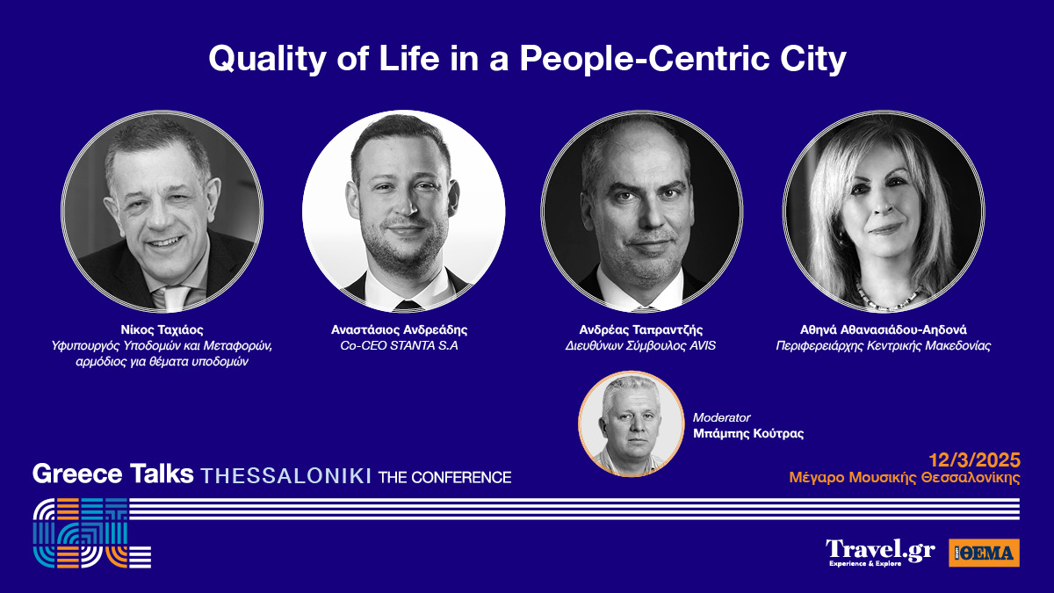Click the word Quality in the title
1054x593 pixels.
pyautogui.click(x=267, y=60)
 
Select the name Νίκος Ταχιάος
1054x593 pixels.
pyautogui.click(x=162, y=330)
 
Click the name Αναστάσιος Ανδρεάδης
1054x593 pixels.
pyautogui.click(x=399, y=330)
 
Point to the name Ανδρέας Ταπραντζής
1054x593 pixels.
pyautogui.click(x=641, y=330)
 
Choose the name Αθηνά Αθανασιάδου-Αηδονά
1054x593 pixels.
pyautogui.click(x=884, y=330)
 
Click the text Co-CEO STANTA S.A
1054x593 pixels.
pyautogui.click(x=399, y=346)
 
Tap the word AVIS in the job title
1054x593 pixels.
pyautogui.click(x=703, y=346)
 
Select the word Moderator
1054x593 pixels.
pyautogui.click(x=721, y=417)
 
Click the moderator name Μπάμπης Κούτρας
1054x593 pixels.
pyautogui.click(x=748, y=433)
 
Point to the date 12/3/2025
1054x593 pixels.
pyautogui.click(x=974, y=459)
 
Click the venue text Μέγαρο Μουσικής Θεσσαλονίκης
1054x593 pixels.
pyautogui.click(x=905, y=478)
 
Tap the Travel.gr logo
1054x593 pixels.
pyautogui.click(x=880, y=553)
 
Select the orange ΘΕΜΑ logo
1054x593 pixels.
pyautogui.click(x=985, y=553)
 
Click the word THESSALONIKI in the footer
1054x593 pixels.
pyautogui.click(x=286, y=477)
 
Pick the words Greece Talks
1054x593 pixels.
pyautogui.click(x=113, y=474)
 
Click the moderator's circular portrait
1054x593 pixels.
pyautogui.click(x=631, y=423)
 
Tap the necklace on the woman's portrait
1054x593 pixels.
pyautogui.click(x=884, y=298)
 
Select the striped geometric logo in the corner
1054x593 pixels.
pyautogui.click(x=92, y=532)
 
